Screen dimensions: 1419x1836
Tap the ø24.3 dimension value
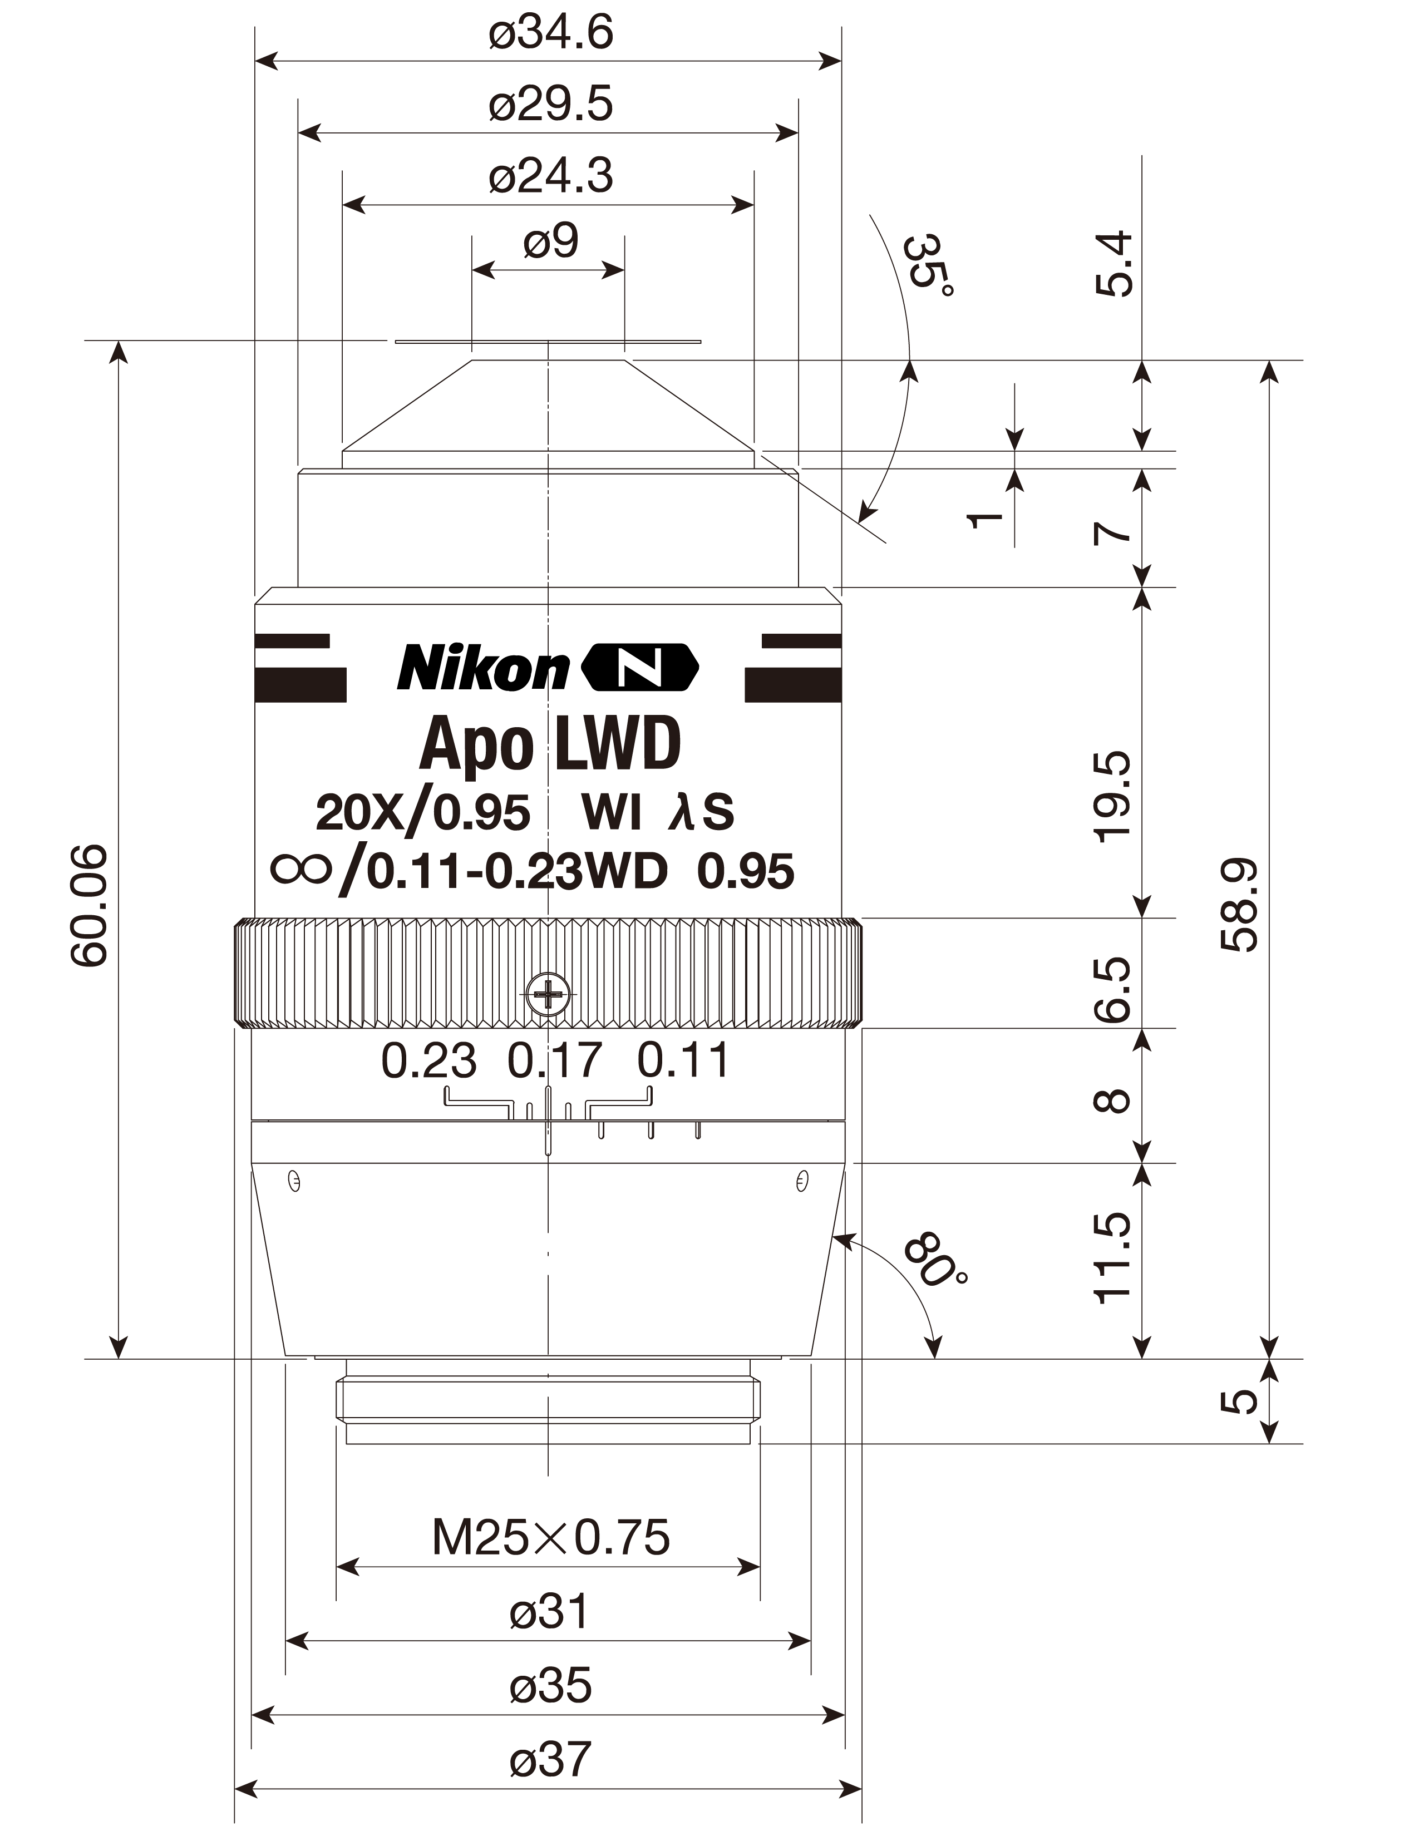(x=550, y=176)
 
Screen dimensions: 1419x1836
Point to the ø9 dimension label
(x=550, y=241)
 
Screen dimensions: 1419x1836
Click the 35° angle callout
(x=929, y=265)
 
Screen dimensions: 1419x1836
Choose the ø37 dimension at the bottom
(x=550, y=1759)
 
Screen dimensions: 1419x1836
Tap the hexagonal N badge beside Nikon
(x=640, y=668)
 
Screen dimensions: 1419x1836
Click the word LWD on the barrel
(x=618, y=743)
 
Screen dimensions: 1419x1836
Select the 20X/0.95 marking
(x=423, y=813)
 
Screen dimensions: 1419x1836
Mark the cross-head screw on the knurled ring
(x=548, y=995)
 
